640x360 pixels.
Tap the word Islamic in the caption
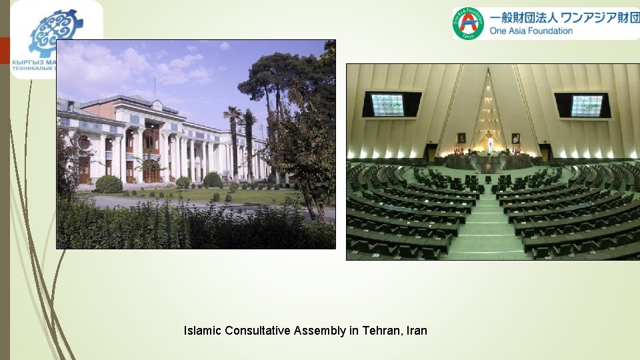203,331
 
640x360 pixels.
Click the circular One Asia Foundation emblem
469,23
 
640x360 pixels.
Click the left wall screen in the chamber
387,105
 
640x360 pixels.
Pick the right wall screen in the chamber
586,105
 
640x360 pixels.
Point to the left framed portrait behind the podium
461,138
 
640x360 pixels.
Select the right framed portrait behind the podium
515,138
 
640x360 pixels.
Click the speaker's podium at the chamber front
488,160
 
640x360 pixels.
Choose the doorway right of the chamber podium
545,153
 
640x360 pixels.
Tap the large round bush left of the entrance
109,184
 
